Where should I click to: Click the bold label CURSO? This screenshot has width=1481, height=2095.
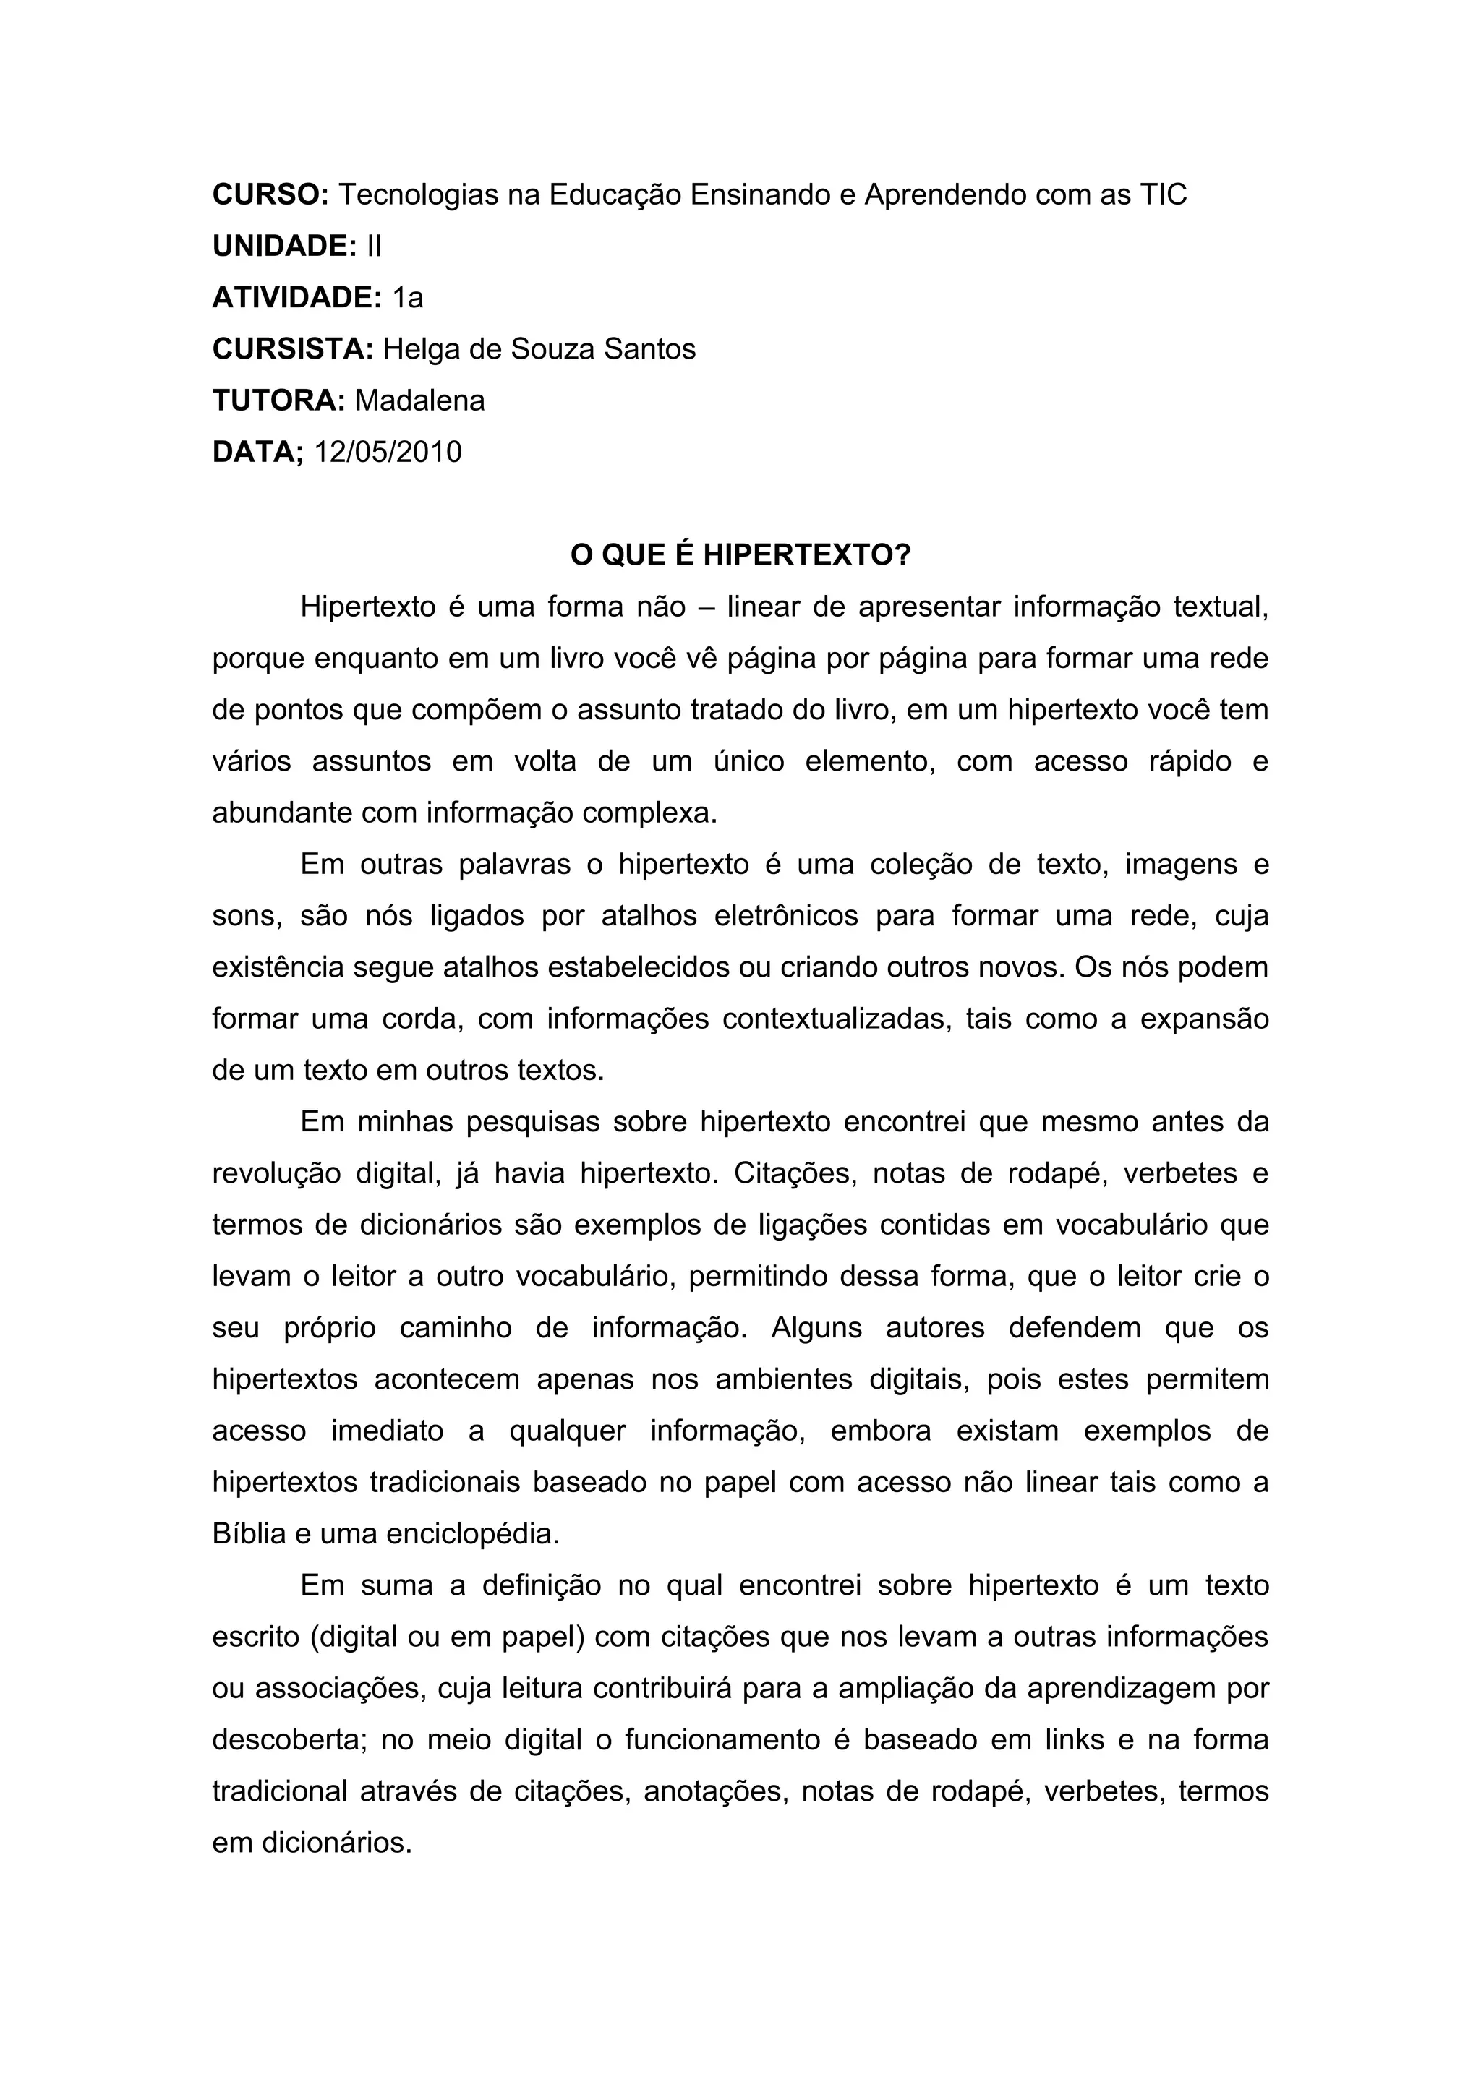pyautogui.click(x=270, y=194)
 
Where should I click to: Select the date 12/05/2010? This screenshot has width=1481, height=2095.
pyautogui.click(x=388, y=452)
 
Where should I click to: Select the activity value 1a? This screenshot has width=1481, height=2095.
pyautogui.click(x=408, y=297)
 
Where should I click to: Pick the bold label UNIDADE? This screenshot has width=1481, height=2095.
pyautogui.click(x=283, y=247)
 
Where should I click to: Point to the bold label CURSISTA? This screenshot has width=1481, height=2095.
pyautogui.click(x=293, y=349)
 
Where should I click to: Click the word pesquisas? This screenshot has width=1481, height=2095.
pyautogui.click(x=529, y=1122)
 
